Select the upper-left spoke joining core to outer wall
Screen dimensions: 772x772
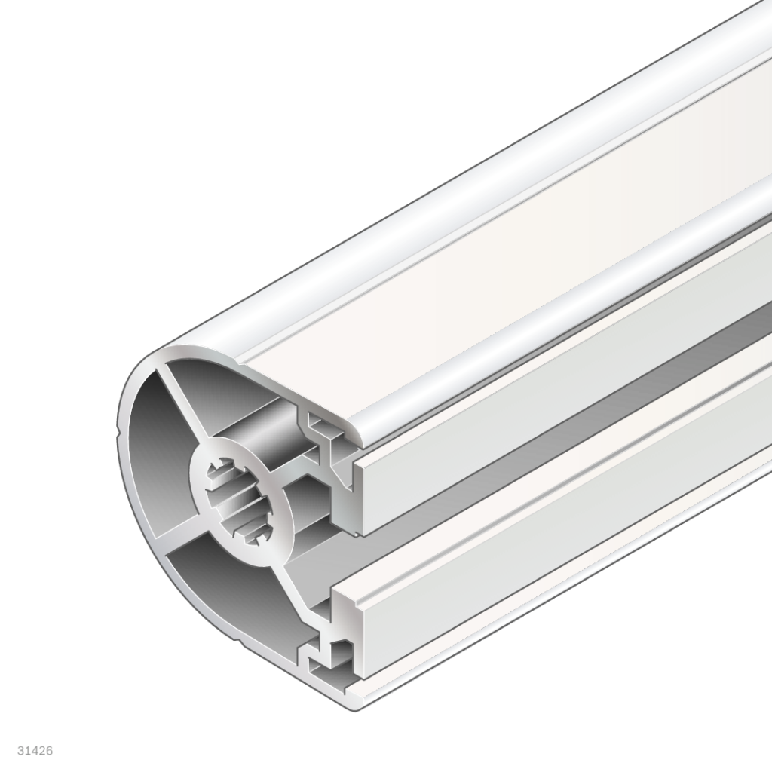[182, 408]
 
